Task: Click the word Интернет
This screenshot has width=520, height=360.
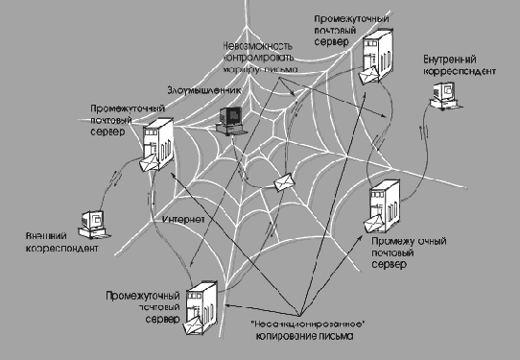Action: [x=181, y=224]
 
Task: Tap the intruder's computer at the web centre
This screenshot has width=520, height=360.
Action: [x=233, y=119]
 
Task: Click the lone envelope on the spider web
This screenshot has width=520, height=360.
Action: [x=284, y=182]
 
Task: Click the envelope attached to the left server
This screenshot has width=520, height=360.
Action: [x=148, y=166]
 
